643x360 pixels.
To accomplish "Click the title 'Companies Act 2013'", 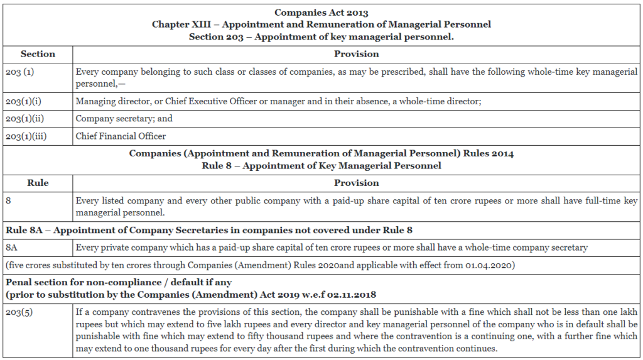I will point(321,13).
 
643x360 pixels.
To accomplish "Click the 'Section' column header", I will point(38,54).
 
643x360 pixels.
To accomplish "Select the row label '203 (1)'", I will point(19,72).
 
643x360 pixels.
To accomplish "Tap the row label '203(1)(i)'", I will point(23,101).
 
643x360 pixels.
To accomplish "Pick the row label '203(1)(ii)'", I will point(24,119).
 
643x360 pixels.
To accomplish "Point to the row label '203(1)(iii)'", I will point(25,136).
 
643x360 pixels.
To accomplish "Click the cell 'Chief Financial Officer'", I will point(121,136).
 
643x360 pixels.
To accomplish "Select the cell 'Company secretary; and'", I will point(124,119).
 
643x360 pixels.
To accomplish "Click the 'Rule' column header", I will point(38,183).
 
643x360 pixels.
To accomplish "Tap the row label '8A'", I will point(12,248).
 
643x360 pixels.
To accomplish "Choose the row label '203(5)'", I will point(19,312).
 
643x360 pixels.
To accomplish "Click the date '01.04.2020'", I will point(492,265).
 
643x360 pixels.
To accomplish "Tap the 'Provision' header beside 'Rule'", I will point(356,183).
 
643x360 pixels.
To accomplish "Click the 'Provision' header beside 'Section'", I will point(356,54).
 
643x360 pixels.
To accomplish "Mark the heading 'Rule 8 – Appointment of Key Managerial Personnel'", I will point(321,166).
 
